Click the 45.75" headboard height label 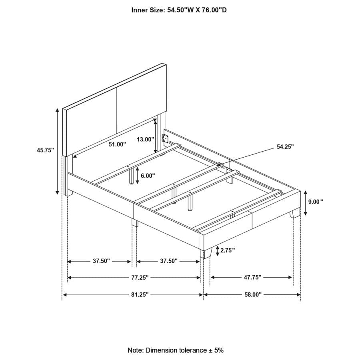(45, 150)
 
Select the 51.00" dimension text (117, 144)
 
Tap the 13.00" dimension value (145, 139)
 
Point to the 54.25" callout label (285, 147)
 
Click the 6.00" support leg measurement (148, 176)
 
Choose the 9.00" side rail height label (316, 202)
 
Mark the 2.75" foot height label (228, 250)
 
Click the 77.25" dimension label (140, 278)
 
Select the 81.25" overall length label (140, 294)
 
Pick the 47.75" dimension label (252, 277)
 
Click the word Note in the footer (136, 350)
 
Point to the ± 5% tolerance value (216, 350)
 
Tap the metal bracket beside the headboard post (166, 138)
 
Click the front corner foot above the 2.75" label (206, 253)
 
